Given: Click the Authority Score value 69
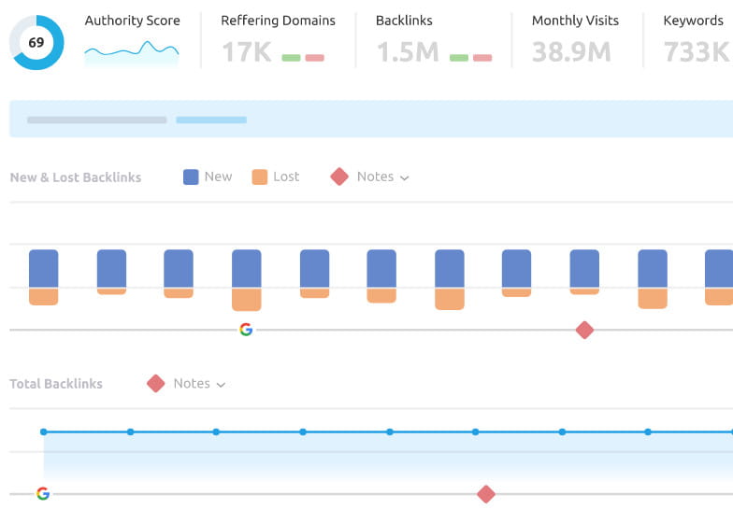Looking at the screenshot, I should [x=36, y=43].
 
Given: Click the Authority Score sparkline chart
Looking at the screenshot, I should [x=132, y=52].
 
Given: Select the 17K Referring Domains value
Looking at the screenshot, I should [x=245, y=52].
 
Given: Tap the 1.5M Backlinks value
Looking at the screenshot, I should [x=408, y=52].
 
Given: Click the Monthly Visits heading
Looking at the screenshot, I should [x=575, y=21].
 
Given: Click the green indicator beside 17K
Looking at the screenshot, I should [x=291, y=58].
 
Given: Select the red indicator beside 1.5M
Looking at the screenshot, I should [x=482, y=58].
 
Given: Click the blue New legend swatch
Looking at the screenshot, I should [x=191, y=177].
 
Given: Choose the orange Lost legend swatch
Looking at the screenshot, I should [x=260, y=177].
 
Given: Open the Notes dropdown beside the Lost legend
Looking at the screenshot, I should [x=382, y=177].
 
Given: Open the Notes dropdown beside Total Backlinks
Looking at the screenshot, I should [x=198, y=383].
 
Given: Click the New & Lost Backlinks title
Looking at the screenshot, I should [x=76, y=177].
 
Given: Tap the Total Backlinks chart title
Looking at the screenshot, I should [x=56, y=384].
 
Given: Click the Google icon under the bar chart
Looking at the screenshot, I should [x=246, y=330].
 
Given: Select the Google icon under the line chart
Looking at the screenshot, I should [x=43, y=493].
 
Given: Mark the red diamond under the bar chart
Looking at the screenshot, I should [x=584, y=330].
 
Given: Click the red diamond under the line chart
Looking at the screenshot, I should [x=485, y=494].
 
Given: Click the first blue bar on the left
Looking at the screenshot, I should [x=44, y=268].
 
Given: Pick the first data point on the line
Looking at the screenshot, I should [x=44, y=431].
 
